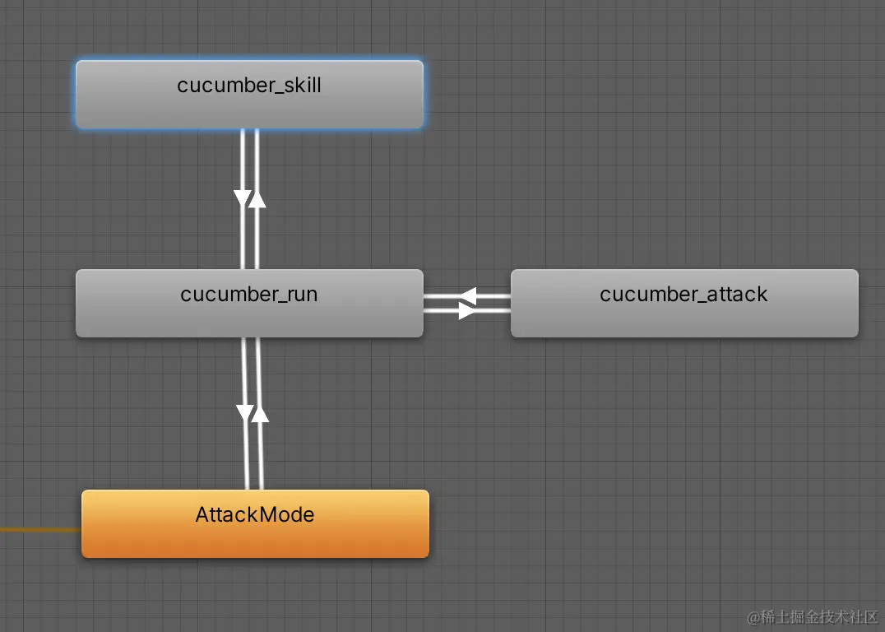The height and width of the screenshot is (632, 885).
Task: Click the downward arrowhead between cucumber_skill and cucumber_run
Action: (x=243, y=198)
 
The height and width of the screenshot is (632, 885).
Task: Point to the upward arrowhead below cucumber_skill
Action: (x=257, y=198)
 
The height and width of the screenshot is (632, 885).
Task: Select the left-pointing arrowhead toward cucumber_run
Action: (x=467, y=295)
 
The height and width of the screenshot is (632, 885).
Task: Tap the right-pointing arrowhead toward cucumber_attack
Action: (x=467, y=310)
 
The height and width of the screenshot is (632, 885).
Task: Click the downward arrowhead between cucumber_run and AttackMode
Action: (x=245, y=413)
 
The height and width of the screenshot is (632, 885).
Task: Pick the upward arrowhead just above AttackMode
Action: (x=260, y=413)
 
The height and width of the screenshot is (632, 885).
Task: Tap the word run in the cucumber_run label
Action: (x=301, y=295)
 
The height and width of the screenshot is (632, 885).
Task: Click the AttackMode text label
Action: (x=255, y=515)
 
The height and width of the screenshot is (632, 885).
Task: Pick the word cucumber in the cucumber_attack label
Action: (x=642, y=295)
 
